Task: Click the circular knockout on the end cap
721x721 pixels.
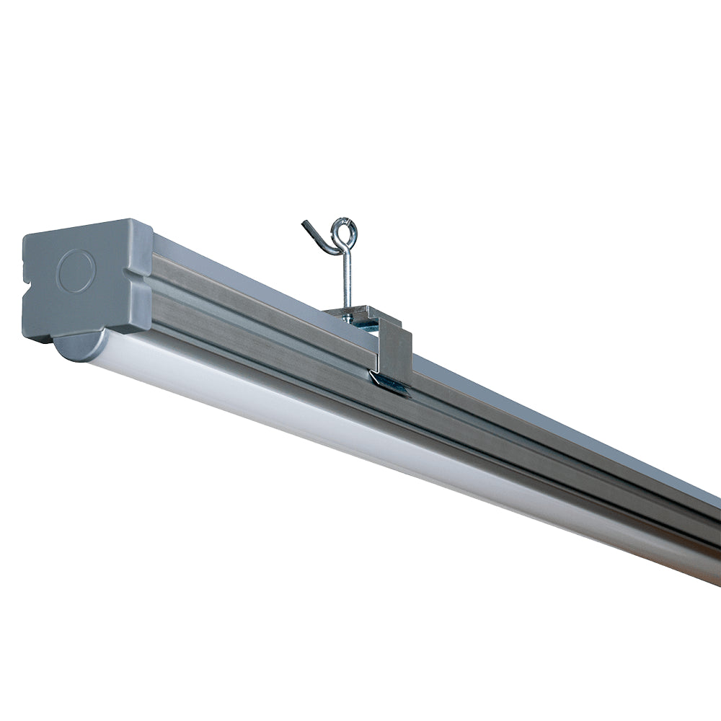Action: (76, 272)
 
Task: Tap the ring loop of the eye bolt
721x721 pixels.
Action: (344, 232)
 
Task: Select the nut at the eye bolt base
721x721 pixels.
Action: (348, 311)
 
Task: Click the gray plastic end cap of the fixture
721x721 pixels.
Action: (87, 281)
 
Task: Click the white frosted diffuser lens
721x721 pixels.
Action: (360, 425)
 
